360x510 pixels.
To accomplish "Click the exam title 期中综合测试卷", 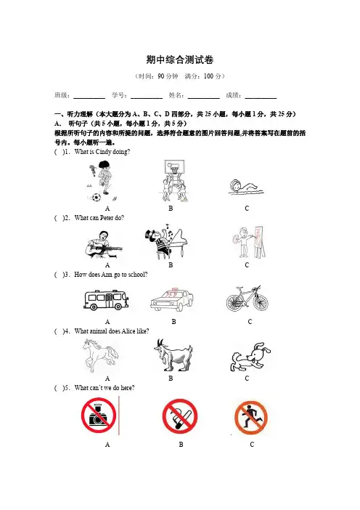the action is pos(180,60).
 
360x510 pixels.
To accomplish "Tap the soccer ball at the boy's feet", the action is pos(96,197).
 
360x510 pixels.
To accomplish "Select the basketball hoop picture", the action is pos(173,180).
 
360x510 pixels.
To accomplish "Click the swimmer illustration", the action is pos(246,187).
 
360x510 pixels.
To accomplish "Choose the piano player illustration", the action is pos(166,242).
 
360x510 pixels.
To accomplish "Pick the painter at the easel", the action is pos(250,242).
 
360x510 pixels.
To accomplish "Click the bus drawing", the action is pos(106,299).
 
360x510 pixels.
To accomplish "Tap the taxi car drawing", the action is pos(172,299).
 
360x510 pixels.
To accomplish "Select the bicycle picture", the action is pos(247,299).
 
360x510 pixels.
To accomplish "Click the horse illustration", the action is pos(100,355).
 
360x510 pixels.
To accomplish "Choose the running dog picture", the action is pos(250,357).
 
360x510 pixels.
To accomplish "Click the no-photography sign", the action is pos(99,416).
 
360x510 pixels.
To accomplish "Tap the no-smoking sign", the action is pos(180,416).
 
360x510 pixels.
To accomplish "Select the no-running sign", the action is pos(251,418).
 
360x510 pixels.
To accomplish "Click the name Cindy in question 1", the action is pos(103,152).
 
